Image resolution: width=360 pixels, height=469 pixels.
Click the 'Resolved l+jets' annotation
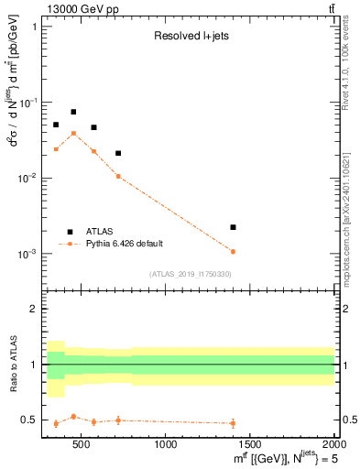tap(191, 38)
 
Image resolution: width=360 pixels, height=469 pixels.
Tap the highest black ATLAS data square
tap(73, 112)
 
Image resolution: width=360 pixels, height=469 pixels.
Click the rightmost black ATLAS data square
tap(233, 227)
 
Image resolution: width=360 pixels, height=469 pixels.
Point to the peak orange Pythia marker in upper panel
tap(73, 133)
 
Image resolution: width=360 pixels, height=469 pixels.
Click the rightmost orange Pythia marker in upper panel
tap(233, 251)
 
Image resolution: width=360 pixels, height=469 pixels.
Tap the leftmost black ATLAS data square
tap(56, 125)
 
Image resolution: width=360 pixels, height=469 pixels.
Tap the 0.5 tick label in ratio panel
tap(30, 420)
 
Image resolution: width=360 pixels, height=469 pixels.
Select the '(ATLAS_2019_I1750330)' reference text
tap(191, 274)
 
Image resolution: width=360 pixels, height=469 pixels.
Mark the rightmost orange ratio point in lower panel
tap(233, 423)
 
